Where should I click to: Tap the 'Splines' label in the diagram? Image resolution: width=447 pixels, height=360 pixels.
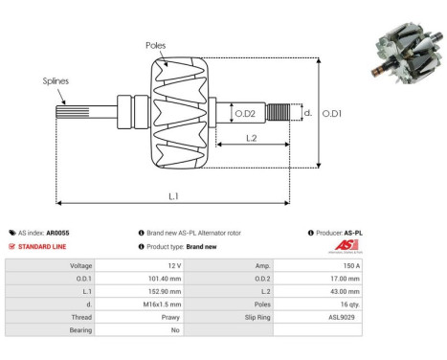point(56,81)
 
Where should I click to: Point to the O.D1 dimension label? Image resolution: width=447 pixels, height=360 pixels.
point(331,114)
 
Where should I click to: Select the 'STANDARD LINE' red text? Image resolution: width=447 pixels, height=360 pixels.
point(43,246)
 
